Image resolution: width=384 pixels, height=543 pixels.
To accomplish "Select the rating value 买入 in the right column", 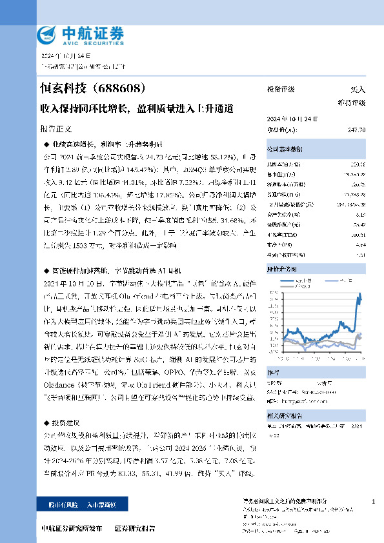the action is coord(358,90).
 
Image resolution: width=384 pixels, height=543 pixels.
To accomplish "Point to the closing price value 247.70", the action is coord(356,130).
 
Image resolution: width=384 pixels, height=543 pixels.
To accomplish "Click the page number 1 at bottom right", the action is coord(374,501).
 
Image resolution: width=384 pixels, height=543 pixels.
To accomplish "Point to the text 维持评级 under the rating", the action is coord(352,103).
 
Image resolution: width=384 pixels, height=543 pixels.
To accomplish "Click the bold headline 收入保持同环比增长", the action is coord(84,109).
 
